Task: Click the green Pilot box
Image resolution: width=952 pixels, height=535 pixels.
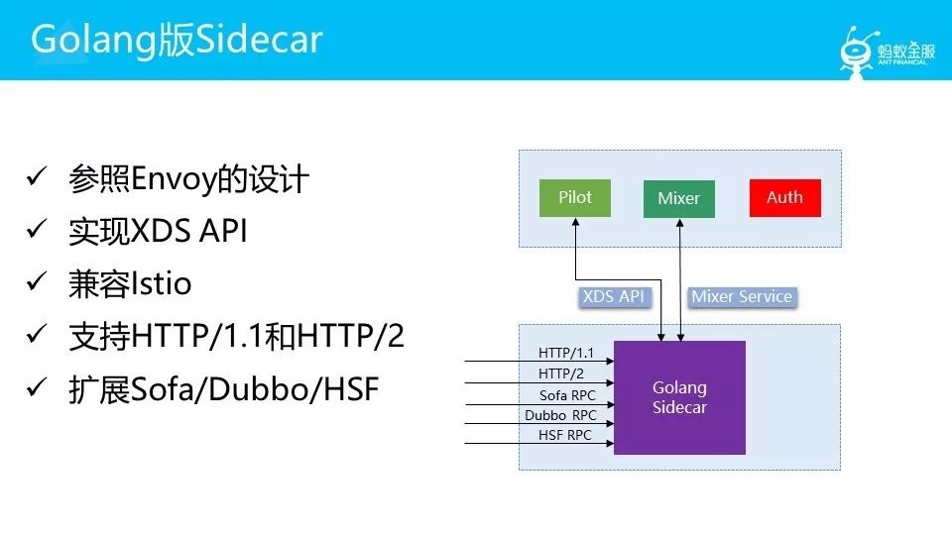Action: click(574, 197)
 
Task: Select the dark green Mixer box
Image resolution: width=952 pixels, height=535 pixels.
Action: click(679, 198)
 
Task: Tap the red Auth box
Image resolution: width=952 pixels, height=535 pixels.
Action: click(784, 197)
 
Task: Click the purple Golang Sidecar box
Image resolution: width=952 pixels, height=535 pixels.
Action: click(679, 397)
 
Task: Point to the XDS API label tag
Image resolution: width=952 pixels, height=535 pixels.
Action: click(614, 296)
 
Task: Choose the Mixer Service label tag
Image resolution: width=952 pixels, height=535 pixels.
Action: click(742, 296)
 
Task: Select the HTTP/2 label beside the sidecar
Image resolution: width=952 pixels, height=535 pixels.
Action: click(561, 374)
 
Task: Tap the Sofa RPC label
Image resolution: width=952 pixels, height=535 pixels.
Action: click(567, 395)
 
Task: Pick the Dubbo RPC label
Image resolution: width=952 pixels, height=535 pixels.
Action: click(561, 415)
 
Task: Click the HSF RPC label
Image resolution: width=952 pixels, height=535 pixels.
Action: click(565, 435)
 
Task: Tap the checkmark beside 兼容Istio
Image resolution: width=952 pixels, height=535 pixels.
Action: click(38, 283)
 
